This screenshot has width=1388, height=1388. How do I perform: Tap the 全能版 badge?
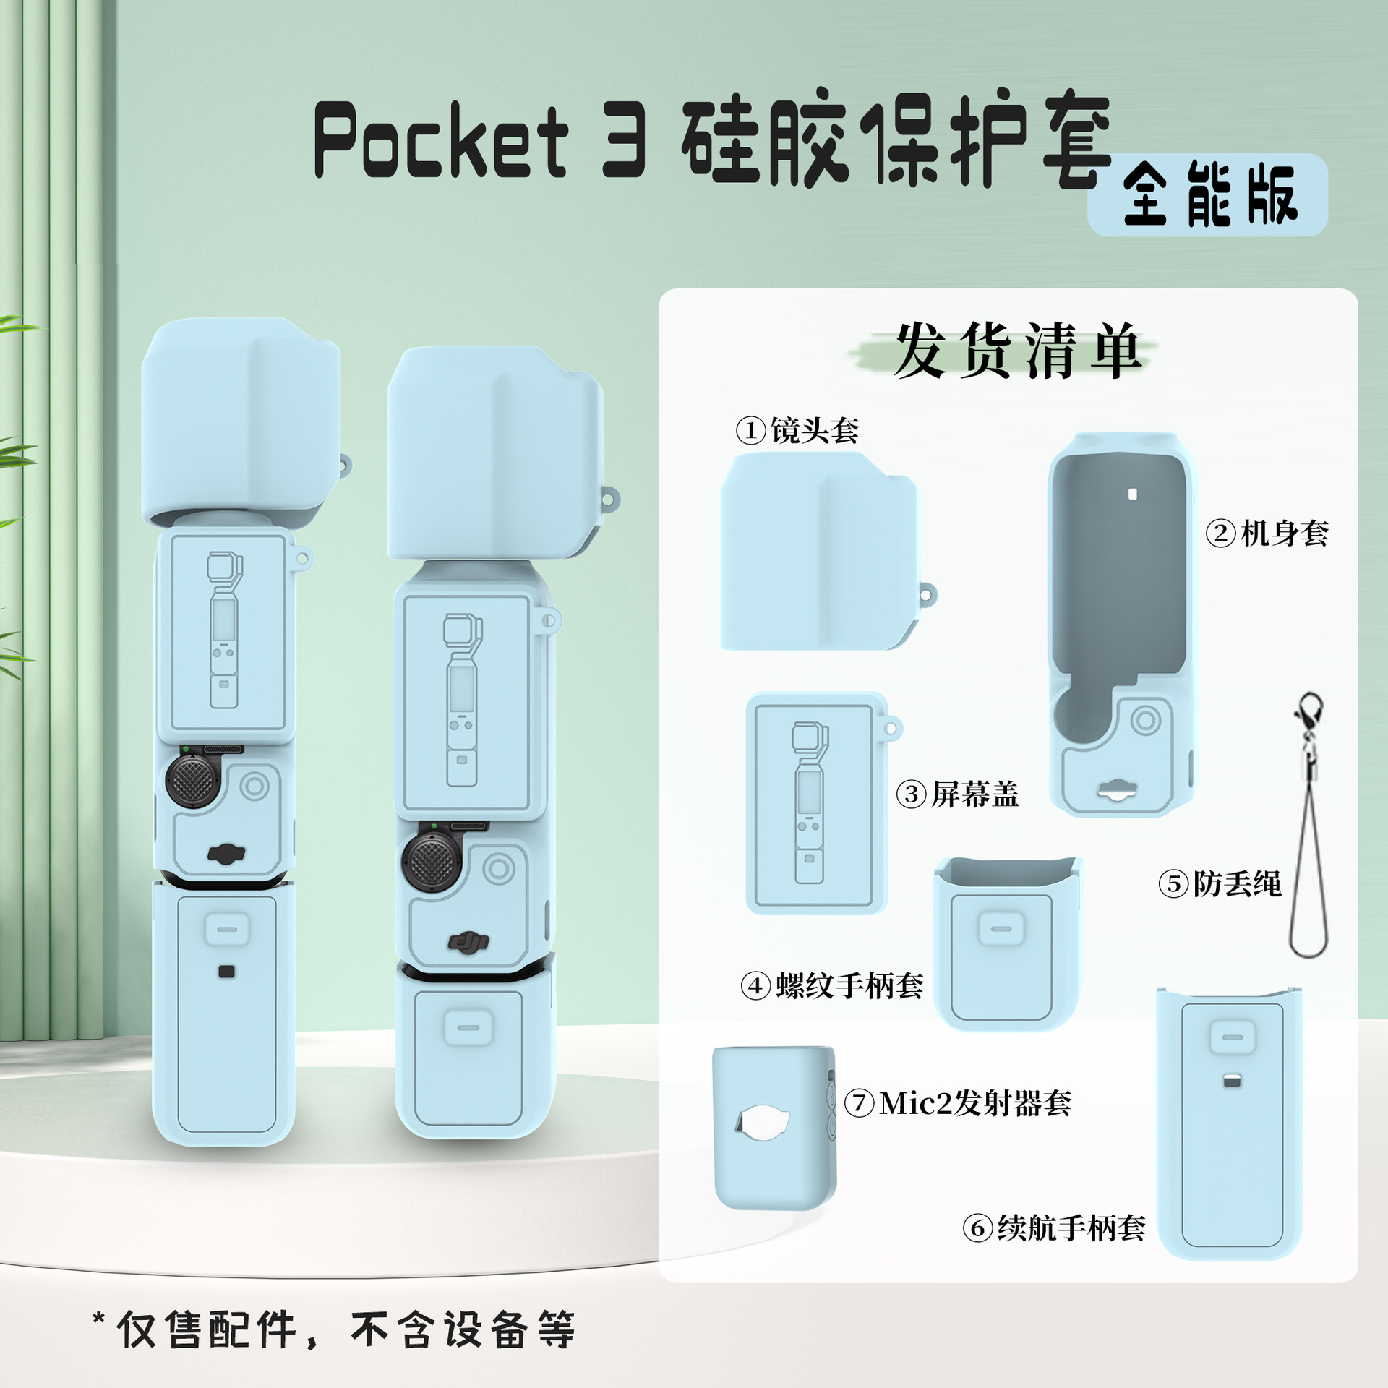1209,195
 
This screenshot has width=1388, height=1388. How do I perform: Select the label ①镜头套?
797,431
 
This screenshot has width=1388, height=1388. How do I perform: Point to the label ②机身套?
1267,534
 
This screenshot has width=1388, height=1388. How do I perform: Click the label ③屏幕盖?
958,794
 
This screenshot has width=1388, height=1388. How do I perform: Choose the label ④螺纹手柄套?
832,985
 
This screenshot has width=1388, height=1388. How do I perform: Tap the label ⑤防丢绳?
1220,883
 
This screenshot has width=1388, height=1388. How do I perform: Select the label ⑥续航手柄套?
1054,1228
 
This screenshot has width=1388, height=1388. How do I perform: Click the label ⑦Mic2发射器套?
959,1103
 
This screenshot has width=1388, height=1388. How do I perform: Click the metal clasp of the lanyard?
1309,712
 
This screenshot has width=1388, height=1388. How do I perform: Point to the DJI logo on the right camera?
468,942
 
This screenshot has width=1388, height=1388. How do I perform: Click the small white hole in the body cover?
1133,494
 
